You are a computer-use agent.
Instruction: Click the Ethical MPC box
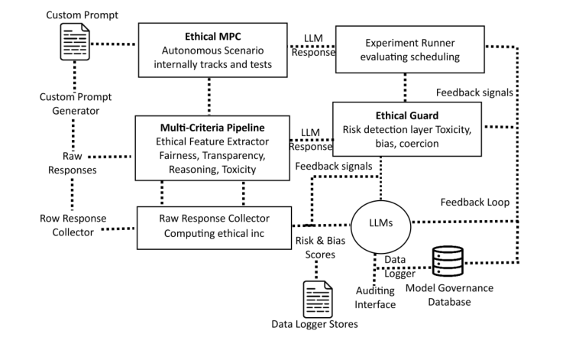tap(213, 50)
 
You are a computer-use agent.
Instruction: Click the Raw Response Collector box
tap(213, 227)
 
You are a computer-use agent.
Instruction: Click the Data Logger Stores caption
tap(315, 324)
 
